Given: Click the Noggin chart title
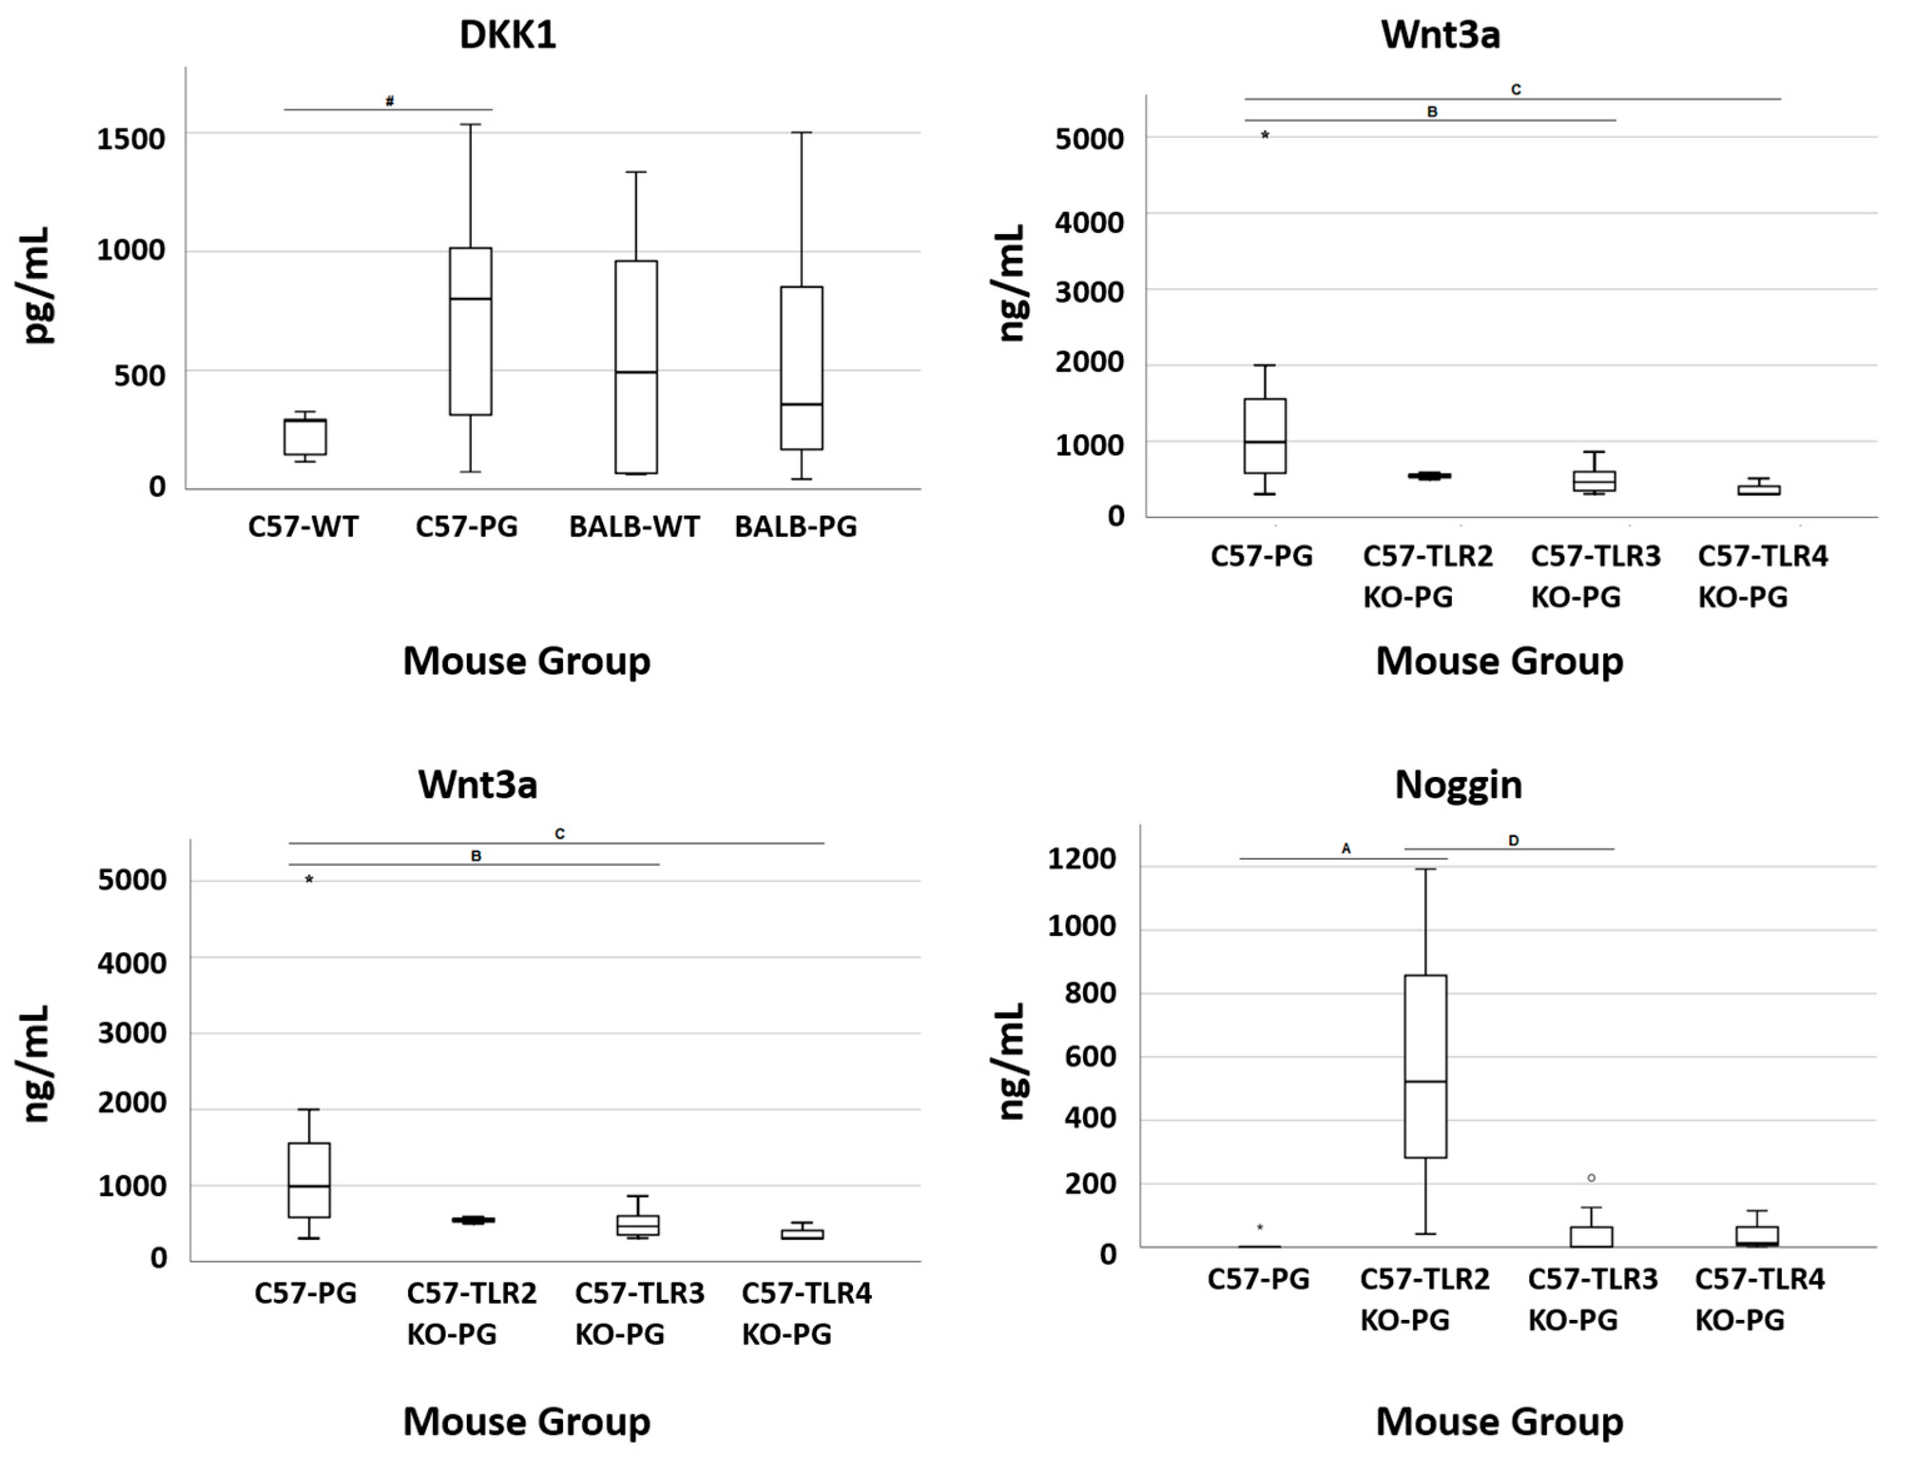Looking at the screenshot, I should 1458,785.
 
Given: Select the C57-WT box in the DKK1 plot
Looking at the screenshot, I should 305,437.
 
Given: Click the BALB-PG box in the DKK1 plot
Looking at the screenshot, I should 801,368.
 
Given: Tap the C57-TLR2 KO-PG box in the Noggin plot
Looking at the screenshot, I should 1425,1066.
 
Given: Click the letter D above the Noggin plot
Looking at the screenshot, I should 1514,841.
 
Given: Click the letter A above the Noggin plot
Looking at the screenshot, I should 1346,849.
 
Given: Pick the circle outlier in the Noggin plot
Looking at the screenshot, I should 1592,1178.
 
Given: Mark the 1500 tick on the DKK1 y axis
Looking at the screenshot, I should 130,138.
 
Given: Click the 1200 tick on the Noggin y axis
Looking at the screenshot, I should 1081,859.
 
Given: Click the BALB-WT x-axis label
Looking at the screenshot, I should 634,527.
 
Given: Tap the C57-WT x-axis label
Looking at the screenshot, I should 303,527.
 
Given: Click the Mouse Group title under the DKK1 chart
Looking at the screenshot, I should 526,662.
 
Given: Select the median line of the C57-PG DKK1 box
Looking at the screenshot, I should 470,299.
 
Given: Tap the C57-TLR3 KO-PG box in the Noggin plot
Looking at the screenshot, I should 1592,1236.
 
